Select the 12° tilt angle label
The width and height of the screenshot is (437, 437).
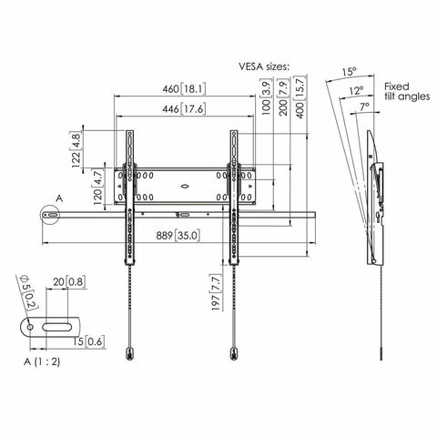(358, 90)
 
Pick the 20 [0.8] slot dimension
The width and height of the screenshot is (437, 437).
(66, 283)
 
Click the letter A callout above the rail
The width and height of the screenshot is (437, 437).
(59, 197)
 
